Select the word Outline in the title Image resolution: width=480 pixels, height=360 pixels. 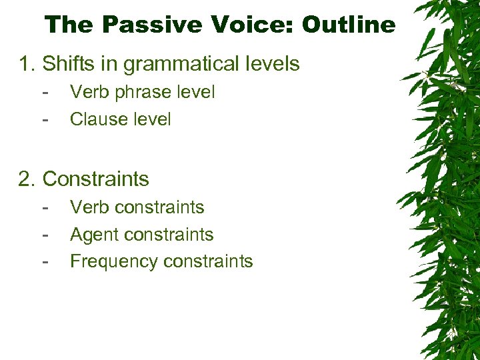click(348, 25)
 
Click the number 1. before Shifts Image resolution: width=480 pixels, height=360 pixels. click(27, 64)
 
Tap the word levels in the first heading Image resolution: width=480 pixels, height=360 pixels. click(271, 64)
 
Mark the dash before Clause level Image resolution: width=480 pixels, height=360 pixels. click(45, 120)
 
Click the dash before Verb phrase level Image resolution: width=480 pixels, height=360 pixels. click(45, 93)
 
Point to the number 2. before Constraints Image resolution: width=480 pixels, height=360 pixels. click(27, 179)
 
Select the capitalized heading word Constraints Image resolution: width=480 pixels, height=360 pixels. click(96, 179)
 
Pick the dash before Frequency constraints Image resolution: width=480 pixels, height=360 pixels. click(45, 262)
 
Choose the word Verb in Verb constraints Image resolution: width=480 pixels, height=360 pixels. click(89, 207)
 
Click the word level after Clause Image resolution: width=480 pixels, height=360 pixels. click(151, 119)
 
